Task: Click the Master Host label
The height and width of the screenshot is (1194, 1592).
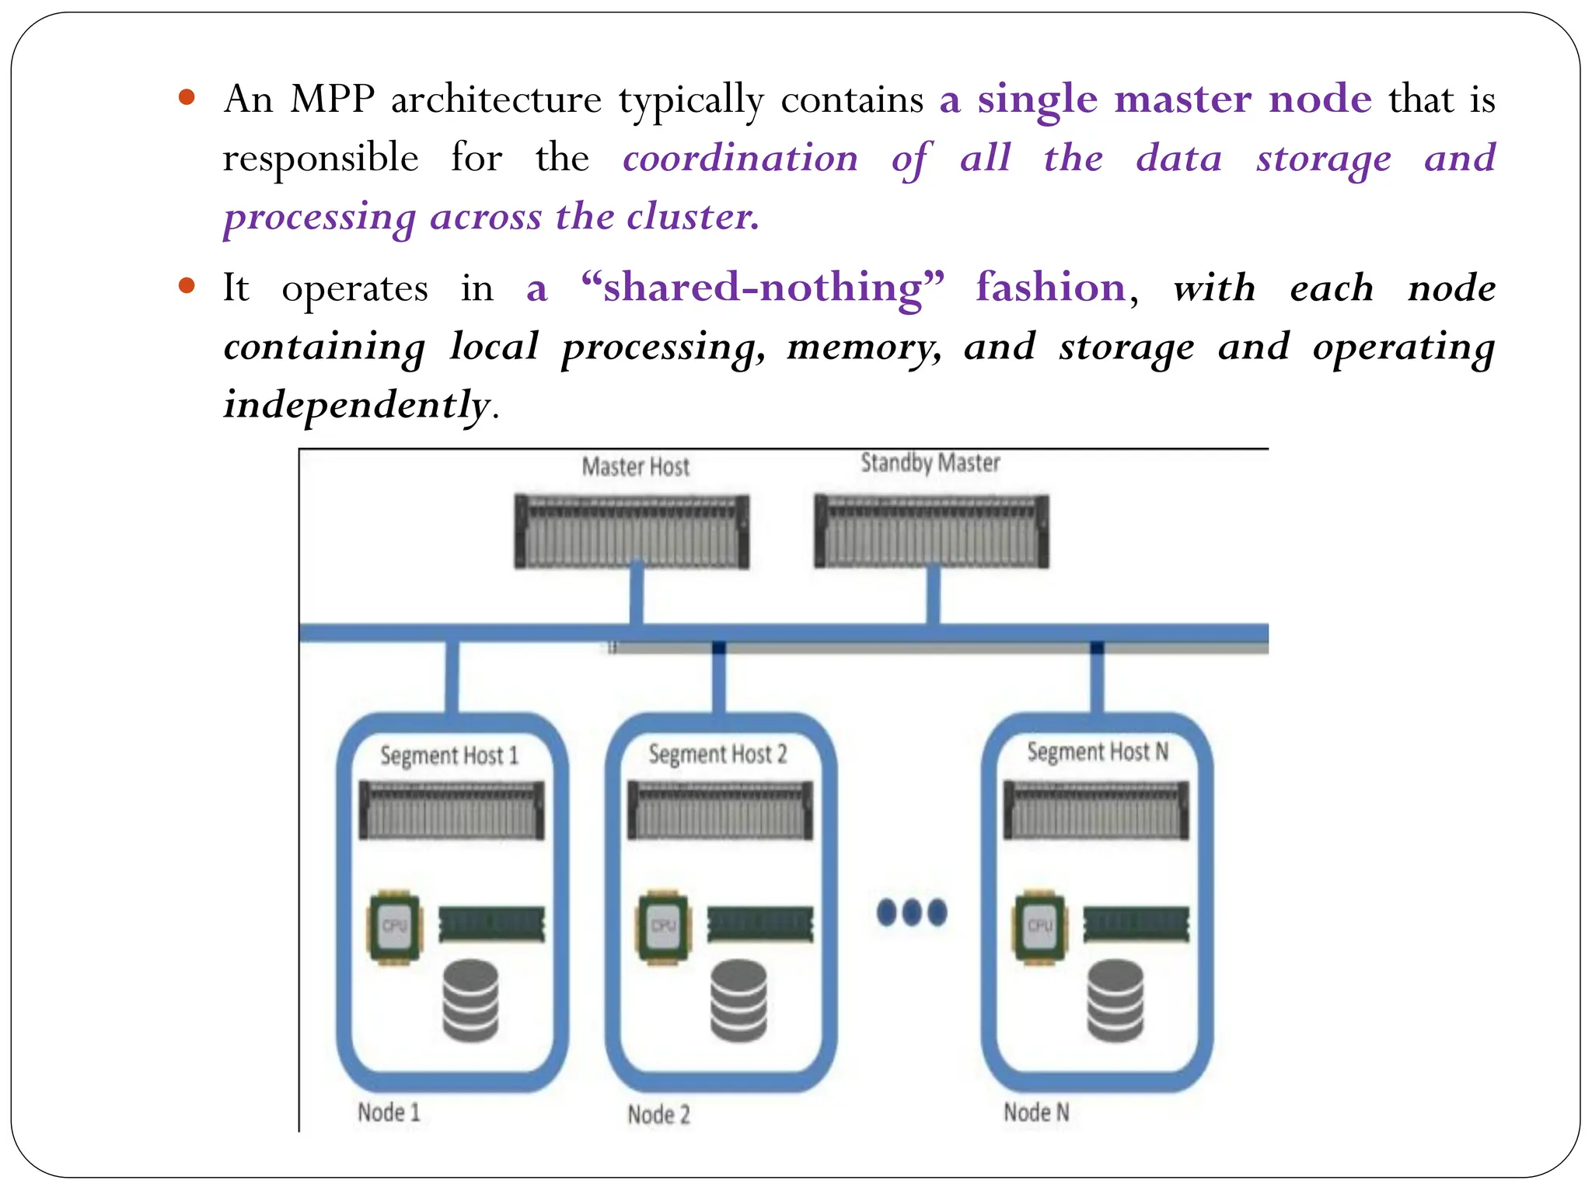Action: [x=635, y=466]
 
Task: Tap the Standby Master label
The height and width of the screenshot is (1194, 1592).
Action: [x=930, y=463]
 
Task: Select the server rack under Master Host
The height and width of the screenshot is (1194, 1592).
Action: [x=632, y=532]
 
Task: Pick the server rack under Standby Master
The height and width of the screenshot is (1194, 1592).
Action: [x=931, y=532]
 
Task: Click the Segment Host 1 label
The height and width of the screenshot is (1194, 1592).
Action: [x=449, y=756]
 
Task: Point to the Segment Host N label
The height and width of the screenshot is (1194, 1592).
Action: [x=1097, y=752]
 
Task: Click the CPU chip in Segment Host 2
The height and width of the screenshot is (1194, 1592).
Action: [x=663, y=927]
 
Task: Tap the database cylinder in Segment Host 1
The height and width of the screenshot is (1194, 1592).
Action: [x=470, y=1000]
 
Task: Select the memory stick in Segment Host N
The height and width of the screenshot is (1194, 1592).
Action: [x=1136, y=924]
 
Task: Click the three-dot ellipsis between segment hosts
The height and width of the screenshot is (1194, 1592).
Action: [x=911, y=912]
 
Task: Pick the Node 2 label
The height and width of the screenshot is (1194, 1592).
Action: [x=658, y=1115]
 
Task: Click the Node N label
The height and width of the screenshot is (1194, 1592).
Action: [x=1036, y=1112]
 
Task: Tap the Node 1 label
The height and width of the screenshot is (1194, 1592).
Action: [x=389, y=1112]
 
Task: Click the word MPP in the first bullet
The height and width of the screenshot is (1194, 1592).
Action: [x=332, y=99]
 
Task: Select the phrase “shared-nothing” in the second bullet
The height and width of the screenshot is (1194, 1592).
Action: [x=763, y=288]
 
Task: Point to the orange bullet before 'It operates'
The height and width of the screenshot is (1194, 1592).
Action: [x=186, y=285]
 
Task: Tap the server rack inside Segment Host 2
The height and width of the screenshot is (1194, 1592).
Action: [x=720, y=811]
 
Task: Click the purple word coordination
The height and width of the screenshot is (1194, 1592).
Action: [x=740, y=159]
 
